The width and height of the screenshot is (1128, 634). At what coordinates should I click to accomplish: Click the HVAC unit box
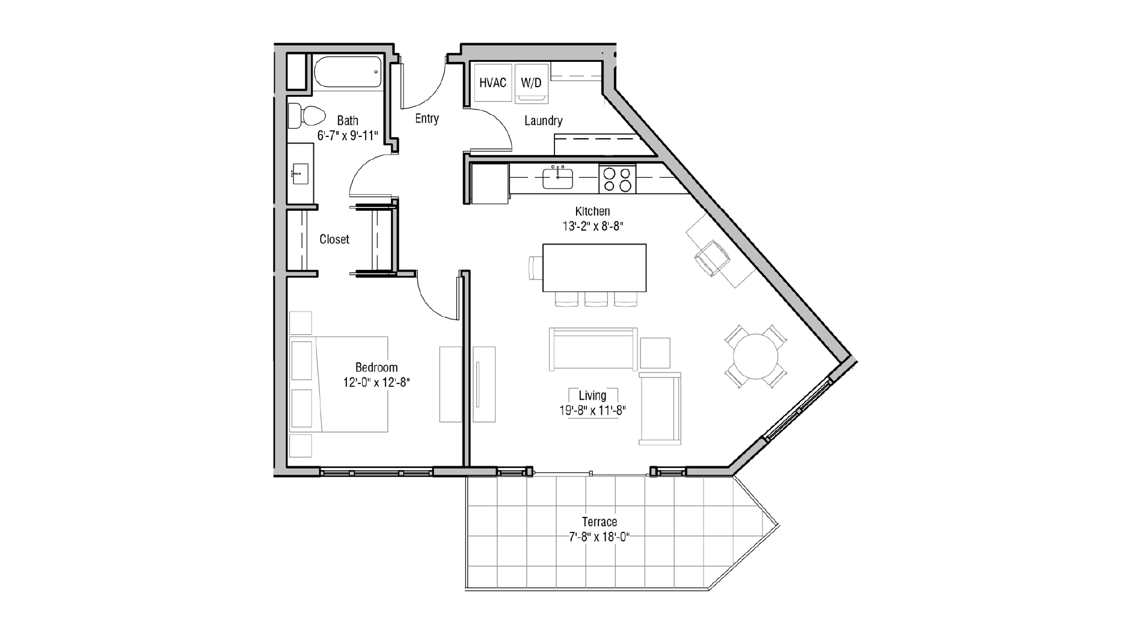(492, 83)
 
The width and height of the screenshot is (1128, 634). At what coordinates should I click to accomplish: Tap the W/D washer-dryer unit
(531, 83)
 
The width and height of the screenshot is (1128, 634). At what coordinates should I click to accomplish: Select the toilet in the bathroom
(305, 115)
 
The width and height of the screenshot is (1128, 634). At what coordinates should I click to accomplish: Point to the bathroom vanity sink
(300, 174)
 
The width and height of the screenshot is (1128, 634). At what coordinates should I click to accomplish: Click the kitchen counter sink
(558, 178)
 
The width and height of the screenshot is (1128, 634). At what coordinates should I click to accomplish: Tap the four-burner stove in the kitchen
(618, 178)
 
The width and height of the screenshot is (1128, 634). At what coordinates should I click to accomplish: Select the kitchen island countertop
(594, 267)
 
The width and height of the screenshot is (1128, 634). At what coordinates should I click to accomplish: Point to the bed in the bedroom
(340, 384)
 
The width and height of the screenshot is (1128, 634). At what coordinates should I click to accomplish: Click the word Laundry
(543, 121)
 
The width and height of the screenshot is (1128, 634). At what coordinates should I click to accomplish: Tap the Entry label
(427, 118)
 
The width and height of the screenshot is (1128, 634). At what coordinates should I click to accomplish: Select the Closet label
(334, 239)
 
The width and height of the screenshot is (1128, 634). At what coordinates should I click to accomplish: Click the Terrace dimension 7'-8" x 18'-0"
(599, 537)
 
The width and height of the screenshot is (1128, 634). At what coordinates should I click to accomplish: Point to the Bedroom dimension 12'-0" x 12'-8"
(376, 382)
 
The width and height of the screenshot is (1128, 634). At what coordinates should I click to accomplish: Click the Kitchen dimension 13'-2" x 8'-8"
(592, 227)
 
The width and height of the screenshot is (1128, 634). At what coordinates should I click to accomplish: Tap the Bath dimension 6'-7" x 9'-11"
(348, 136)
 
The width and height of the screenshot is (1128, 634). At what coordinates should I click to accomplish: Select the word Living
(592, 395)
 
